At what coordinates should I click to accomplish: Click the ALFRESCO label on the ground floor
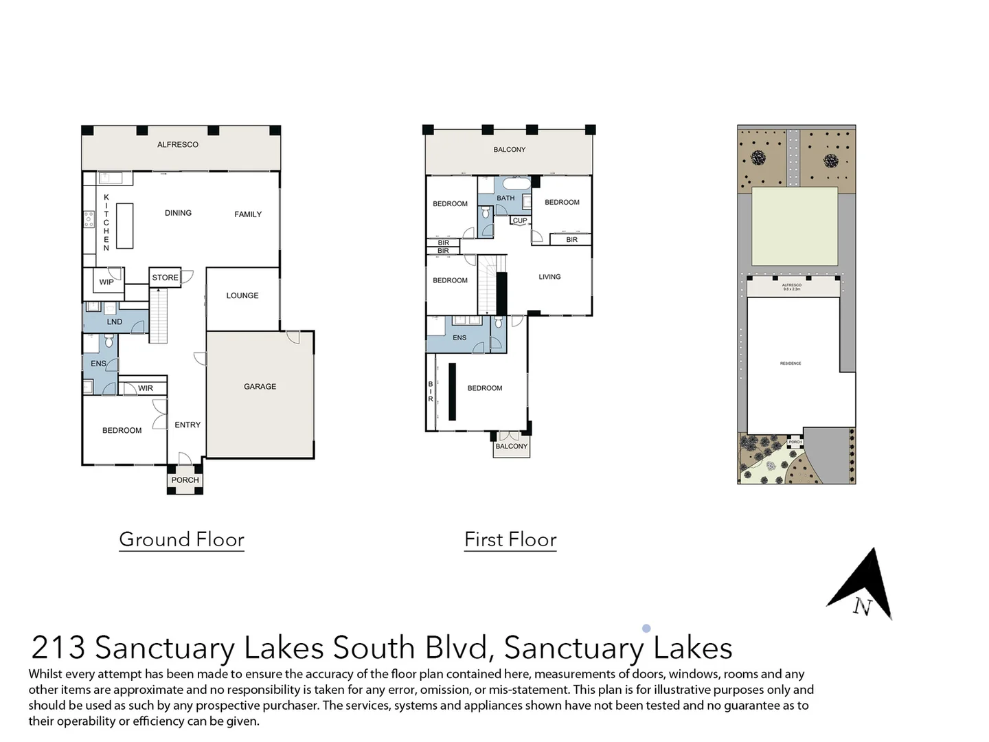178,145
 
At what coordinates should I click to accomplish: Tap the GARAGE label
260,387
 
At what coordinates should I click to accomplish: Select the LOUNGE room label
242,295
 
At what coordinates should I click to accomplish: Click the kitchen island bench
124,225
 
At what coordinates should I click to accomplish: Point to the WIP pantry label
106,282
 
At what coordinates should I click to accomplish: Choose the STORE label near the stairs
165,278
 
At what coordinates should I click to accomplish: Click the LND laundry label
115,322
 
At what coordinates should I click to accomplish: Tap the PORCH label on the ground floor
185,480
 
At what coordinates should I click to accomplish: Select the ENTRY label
187,425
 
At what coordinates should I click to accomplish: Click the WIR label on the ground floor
146,388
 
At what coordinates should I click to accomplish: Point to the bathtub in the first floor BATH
515,184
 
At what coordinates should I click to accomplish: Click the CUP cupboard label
520,221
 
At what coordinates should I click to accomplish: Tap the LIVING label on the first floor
549,277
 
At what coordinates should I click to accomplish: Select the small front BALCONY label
512,447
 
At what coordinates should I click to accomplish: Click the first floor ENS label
459,337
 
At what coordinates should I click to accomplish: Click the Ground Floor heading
182,539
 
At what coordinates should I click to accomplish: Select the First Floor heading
510,539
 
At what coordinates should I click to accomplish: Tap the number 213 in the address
58,648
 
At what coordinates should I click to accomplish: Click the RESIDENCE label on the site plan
791,363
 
